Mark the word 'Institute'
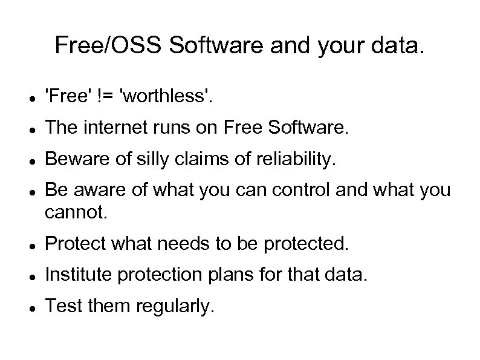[x=79, y=276]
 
